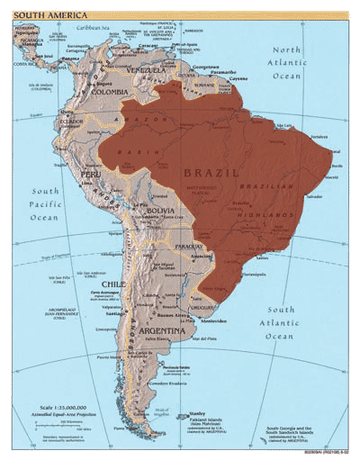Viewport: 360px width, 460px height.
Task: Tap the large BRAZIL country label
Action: [x=211, y=171]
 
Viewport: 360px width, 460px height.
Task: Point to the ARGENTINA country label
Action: [x=162, y=330]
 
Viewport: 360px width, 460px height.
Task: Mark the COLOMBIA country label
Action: [x=109, y=91]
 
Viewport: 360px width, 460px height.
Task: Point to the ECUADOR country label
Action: [x=72, y=121]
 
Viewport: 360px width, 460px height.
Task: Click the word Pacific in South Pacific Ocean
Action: [x=44, y=204]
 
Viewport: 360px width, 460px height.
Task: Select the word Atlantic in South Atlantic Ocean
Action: [x=280, y=322]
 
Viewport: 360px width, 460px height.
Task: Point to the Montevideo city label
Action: [x=213, y=321]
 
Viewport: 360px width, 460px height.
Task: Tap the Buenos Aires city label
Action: [x=171, y=316]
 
